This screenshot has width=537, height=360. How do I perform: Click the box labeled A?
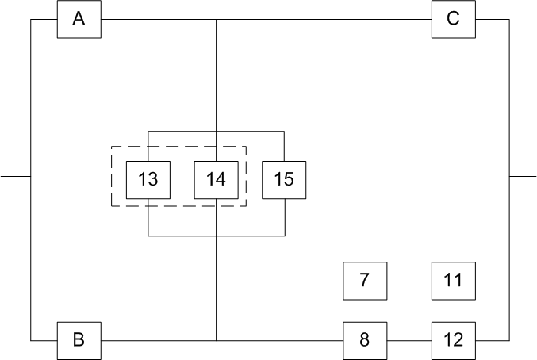79,19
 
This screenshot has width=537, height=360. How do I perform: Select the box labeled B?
79,340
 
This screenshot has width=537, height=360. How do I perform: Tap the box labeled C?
453,19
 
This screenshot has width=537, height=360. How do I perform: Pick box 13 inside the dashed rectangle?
148,179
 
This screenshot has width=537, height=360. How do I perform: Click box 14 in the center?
217,179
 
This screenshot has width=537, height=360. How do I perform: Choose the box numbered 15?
284,179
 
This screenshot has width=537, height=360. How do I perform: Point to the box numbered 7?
364,281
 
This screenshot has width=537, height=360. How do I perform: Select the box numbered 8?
364,340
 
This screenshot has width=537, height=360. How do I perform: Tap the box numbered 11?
453,281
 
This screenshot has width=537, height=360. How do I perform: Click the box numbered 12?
453,340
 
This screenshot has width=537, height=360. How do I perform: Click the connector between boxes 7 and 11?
409,281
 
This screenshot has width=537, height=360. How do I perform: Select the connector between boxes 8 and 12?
409,340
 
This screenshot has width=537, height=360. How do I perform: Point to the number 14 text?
217,179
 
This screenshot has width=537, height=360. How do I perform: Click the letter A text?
79,19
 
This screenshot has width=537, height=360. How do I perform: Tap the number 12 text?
453,340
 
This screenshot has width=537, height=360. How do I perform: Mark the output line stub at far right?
523,175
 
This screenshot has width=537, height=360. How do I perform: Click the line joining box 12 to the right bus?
492,340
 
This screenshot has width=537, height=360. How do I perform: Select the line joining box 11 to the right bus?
492,281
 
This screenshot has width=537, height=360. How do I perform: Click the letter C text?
453,19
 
